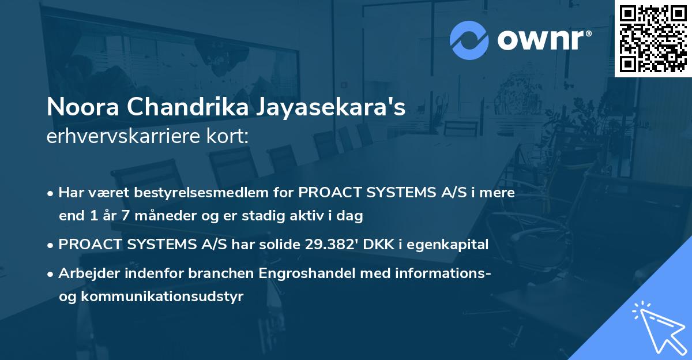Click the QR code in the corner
point(653,38)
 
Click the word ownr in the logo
point(544,40)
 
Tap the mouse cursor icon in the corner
point(657,327)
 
